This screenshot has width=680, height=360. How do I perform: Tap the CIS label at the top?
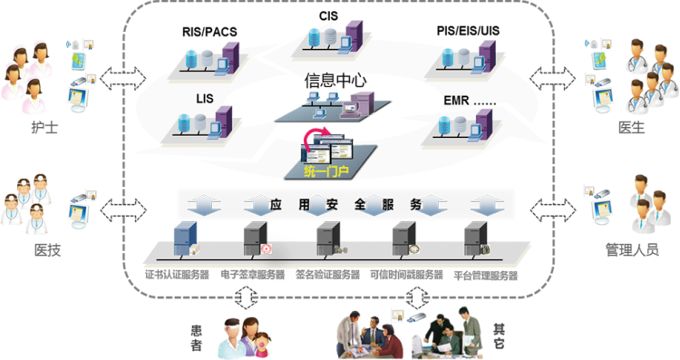(328, 16)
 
